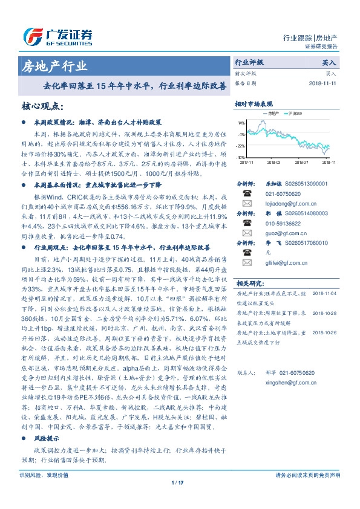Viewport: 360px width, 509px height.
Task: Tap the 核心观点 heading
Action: pos(43,107)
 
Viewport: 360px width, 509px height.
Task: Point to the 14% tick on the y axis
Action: pos(241,122)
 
